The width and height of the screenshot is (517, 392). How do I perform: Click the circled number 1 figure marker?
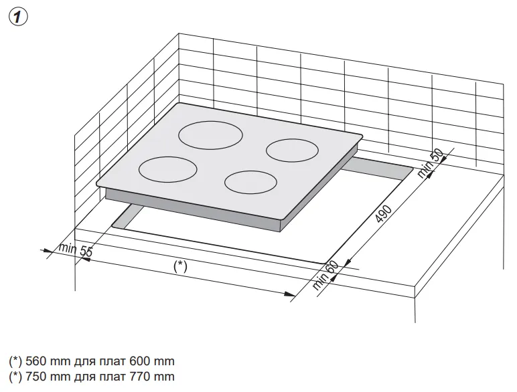tap(18, 17)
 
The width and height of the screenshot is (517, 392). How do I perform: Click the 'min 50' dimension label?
tap(431, 163)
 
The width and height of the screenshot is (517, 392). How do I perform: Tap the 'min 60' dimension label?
tap(325, 275)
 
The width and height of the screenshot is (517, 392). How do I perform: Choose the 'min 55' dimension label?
tap(76, 250)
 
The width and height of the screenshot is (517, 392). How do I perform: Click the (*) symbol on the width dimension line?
tap(180, 266)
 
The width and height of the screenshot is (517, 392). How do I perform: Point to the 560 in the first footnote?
tap(36, 361)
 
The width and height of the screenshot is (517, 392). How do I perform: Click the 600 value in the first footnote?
tap(140, 361)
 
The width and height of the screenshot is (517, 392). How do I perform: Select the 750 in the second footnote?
tap(36, 377)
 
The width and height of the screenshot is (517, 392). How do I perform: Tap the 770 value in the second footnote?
tap(140, 377)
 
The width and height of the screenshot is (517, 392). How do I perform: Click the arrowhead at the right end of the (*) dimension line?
tap(290, 294)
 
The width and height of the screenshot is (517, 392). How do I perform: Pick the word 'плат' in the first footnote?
tap(109, 362)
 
